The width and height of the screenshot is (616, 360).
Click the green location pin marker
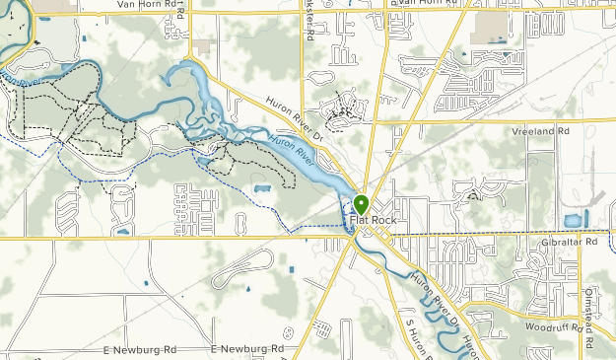[361, 204]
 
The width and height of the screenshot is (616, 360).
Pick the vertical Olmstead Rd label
[588, 324]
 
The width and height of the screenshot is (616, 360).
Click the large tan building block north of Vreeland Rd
[487, 28]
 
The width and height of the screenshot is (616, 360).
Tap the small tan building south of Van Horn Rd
[203, 46]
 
